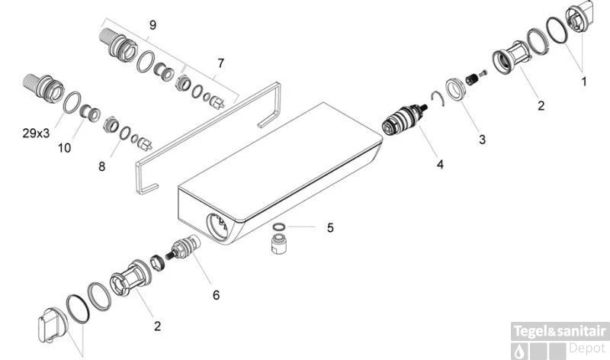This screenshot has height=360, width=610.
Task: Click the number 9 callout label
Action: click(152, 25)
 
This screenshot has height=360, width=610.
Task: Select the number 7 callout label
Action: click(221, 63)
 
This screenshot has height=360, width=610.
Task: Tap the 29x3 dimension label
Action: click(37, 133)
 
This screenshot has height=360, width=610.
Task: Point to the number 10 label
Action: click(64, 148)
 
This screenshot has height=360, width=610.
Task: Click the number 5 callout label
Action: click(330, 227)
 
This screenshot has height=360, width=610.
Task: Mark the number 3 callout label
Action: click(481, 140)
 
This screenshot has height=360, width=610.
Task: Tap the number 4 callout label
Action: click(440, 163)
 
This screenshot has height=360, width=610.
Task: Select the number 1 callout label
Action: click(584, 79)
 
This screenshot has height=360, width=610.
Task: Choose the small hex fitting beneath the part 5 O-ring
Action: click(280, 246)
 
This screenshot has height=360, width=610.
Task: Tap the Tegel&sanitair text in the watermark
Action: click(560, 332)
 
